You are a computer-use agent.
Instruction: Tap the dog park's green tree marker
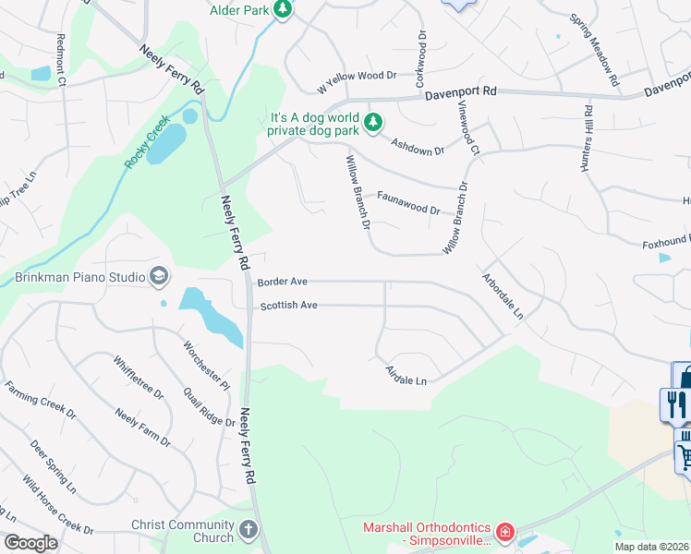click(373, 122)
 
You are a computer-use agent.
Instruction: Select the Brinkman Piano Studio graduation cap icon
click(159, 276)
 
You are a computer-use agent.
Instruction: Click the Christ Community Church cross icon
click(248, 530)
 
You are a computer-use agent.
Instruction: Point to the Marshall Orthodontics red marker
click(504, 532)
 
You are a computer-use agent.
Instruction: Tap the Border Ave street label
click(282, 282)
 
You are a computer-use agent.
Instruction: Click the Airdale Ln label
click(406, 376)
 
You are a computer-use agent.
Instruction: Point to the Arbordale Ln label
click(503, 295)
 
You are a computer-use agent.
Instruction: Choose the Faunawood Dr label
click(408, 202)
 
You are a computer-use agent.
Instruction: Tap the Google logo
click(30, 543)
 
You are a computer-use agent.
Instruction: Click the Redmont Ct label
click(62, 60)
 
